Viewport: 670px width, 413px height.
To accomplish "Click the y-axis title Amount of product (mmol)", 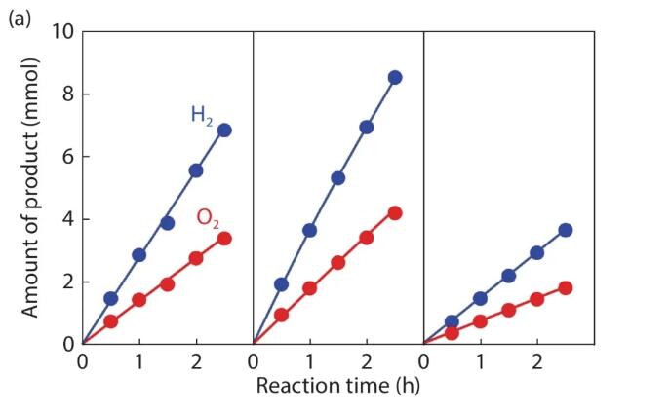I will click(x=31, y=188).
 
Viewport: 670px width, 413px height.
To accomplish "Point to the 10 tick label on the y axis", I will click(x=61, y=32).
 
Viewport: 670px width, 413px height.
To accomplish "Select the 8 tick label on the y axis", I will click(x=67, y=94).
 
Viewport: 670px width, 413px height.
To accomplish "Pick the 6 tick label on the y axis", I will click(x=67, y=157).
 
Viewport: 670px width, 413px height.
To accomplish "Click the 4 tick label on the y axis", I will click(x=67, y=219).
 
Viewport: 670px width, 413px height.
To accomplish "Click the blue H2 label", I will click(x=203, y=116).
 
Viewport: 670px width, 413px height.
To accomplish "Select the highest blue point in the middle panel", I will click(x=395, y=77).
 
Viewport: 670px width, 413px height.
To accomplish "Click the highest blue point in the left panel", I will click(x=224, y=130).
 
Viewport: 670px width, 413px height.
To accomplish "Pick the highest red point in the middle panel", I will click(x=395, y=212).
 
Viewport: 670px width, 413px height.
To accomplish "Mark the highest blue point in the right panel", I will click(x=566, y=230).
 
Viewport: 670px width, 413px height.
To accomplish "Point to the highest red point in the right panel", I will click(x=566, y=287).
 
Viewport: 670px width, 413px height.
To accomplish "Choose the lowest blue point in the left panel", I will click(x=110, y=298).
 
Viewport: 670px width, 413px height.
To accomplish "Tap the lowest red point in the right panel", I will click(x=452, y=333).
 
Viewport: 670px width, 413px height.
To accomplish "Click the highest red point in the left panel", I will click(x=224, y=238).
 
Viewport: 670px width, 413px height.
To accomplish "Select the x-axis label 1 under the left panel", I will click(x=138, y=363).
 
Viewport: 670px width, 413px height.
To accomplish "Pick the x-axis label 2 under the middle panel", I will click(x=367, y=363).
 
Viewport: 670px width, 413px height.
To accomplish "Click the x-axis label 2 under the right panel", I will click(x=537, y=363).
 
